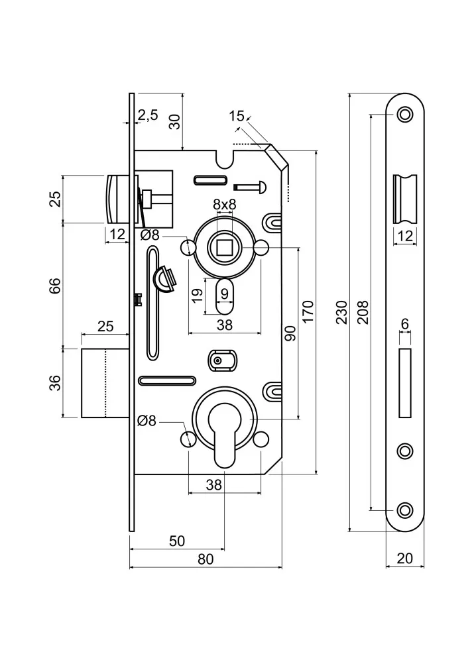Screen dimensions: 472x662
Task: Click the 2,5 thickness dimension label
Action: tap(148, 115)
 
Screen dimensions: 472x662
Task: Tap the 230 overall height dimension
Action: tap(341, 312)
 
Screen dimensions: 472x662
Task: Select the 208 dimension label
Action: tap(363, 312)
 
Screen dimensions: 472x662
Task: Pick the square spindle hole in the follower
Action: tap(224, 247)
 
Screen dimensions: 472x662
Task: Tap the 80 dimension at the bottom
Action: tap(206, 559)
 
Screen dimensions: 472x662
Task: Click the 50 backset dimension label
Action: tap(177, 541)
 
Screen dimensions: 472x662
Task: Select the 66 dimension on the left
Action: tap(55, 286)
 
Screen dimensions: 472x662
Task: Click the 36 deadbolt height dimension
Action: tap(55, 383)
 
